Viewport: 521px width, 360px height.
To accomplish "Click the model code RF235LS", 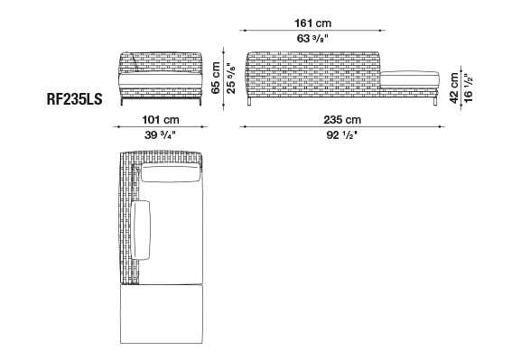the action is coord(74,99).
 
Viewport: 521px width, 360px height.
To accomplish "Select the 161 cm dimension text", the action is coord(312,23).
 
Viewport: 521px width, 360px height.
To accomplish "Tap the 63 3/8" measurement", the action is coord(312,39).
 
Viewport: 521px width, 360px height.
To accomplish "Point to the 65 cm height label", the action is coord(216,78).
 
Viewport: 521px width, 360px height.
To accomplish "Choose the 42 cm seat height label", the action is coord(454,88).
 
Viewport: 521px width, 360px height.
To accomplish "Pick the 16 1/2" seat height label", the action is coord(468,88).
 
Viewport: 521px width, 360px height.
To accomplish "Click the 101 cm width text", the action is coord(161,120).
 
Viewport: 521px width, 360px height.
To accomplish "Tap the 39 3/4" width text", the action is coord(160,135).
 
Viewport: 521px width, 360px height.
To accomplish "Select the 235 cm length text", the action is coord(342,120).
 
